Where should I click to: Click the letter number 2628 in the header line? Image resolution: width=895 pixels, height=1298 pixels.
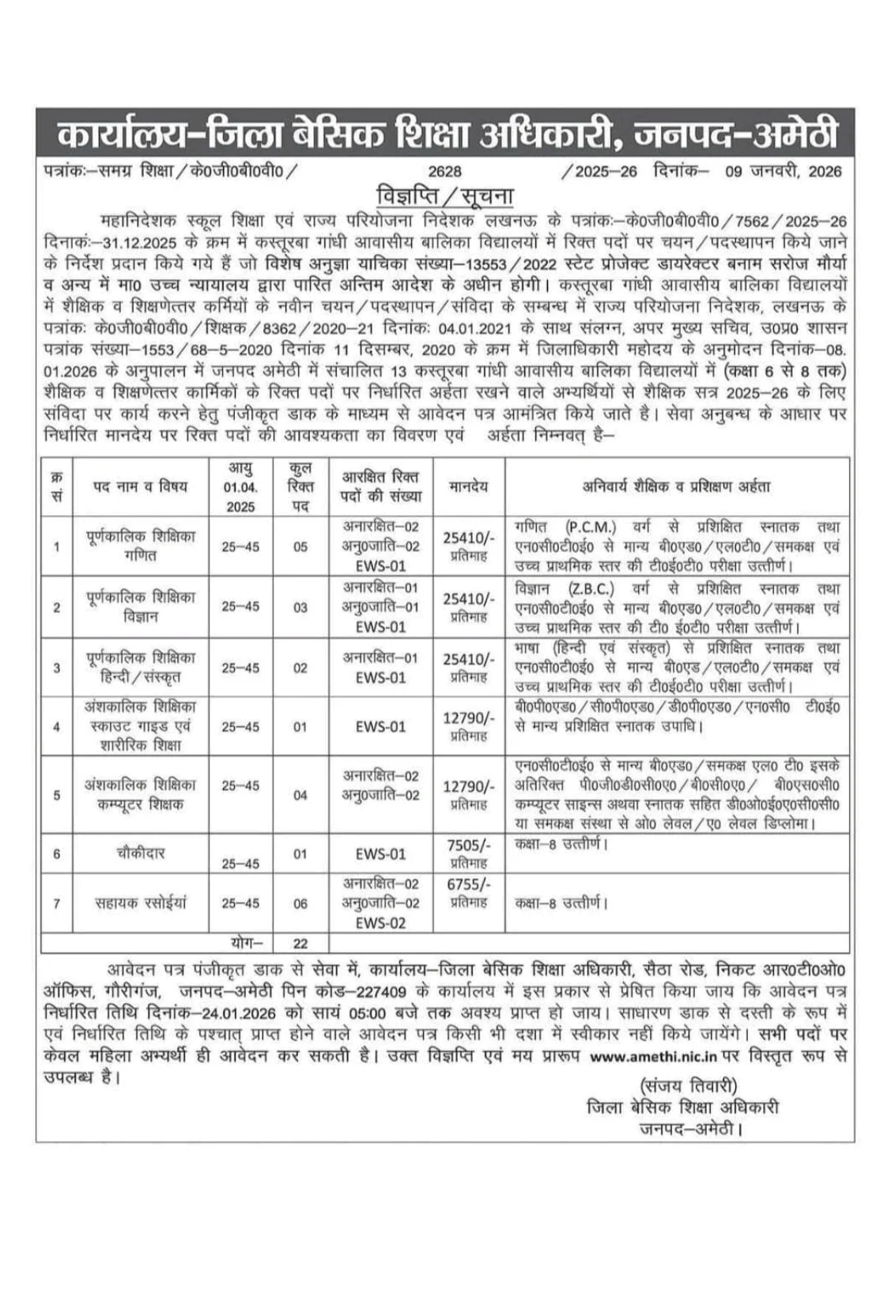pos(444,172)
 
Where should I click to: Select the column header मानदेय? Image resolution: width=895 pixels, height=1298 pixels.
pos(468,486)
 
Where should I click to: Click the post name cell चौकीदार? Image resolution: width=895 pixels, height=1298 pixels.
pos(140,853)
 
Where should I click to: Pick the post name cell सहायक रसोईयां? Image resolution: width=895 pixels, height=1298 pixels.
pos(141,903)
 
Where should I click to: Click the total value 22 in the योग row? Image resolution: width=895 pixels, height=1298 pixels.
pos(300,943)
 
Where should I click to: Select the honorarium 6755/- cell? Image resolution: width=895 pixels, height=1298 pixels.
pos(468,885)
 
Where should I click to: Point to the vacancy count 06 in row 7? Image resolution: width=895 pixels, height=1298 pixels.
pos(300,903)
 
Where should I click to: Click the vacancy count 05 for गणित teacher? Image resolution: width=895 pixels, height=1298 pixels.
pos(300,547)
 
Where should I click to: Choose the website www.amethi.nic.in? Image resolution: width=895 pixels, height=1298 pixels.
pos(653,1056)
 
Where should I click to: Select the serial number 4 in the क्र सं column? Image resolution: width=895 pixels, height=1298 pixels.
pos(56,726)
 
